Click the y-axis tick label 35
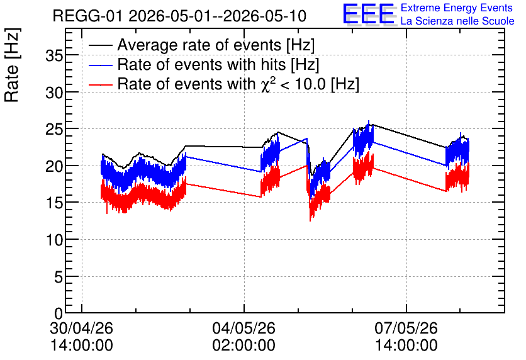point(54,55)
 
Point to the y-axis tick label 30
point(54,93)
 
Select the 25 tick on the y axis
point(54,130)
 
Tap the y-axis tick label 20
point(54,166)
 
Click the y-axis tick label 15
point(54,203)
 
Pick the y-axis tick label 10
point(54,240)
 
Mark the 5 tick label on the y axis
point(59,277)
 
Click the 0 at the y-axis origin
point(59,313)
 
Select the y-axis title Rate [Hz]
point(12,65)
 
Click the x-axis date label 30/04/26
point(82,328)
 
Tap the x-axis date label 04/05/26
point(244,328)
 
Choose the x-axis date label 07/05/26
point(406,328)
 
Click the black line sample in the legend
point(101,45)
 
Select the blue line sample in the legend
point(101,65)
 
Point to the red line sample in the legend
point(101,84)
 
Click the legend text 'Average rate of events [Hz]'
point(216,45)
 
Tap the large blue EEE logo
point(369,14)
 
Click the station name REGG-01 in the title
point(88,16)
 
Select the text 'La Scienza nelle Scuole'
point(457,21)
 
